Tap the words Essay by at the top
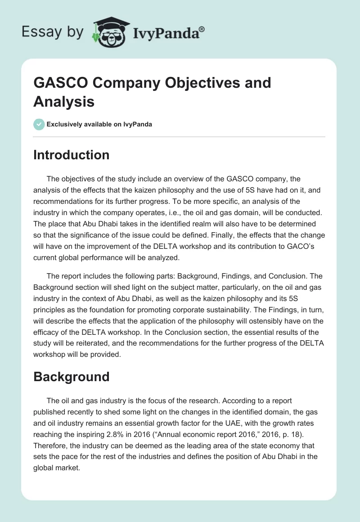coord(52,32)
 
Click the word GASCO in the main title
coord(58,83)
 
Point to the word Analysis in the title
coord(63,102)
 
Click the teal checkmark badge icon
coord(39,124)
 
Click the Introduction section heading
coord(71,155)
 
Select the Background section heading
coord(71,376)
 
